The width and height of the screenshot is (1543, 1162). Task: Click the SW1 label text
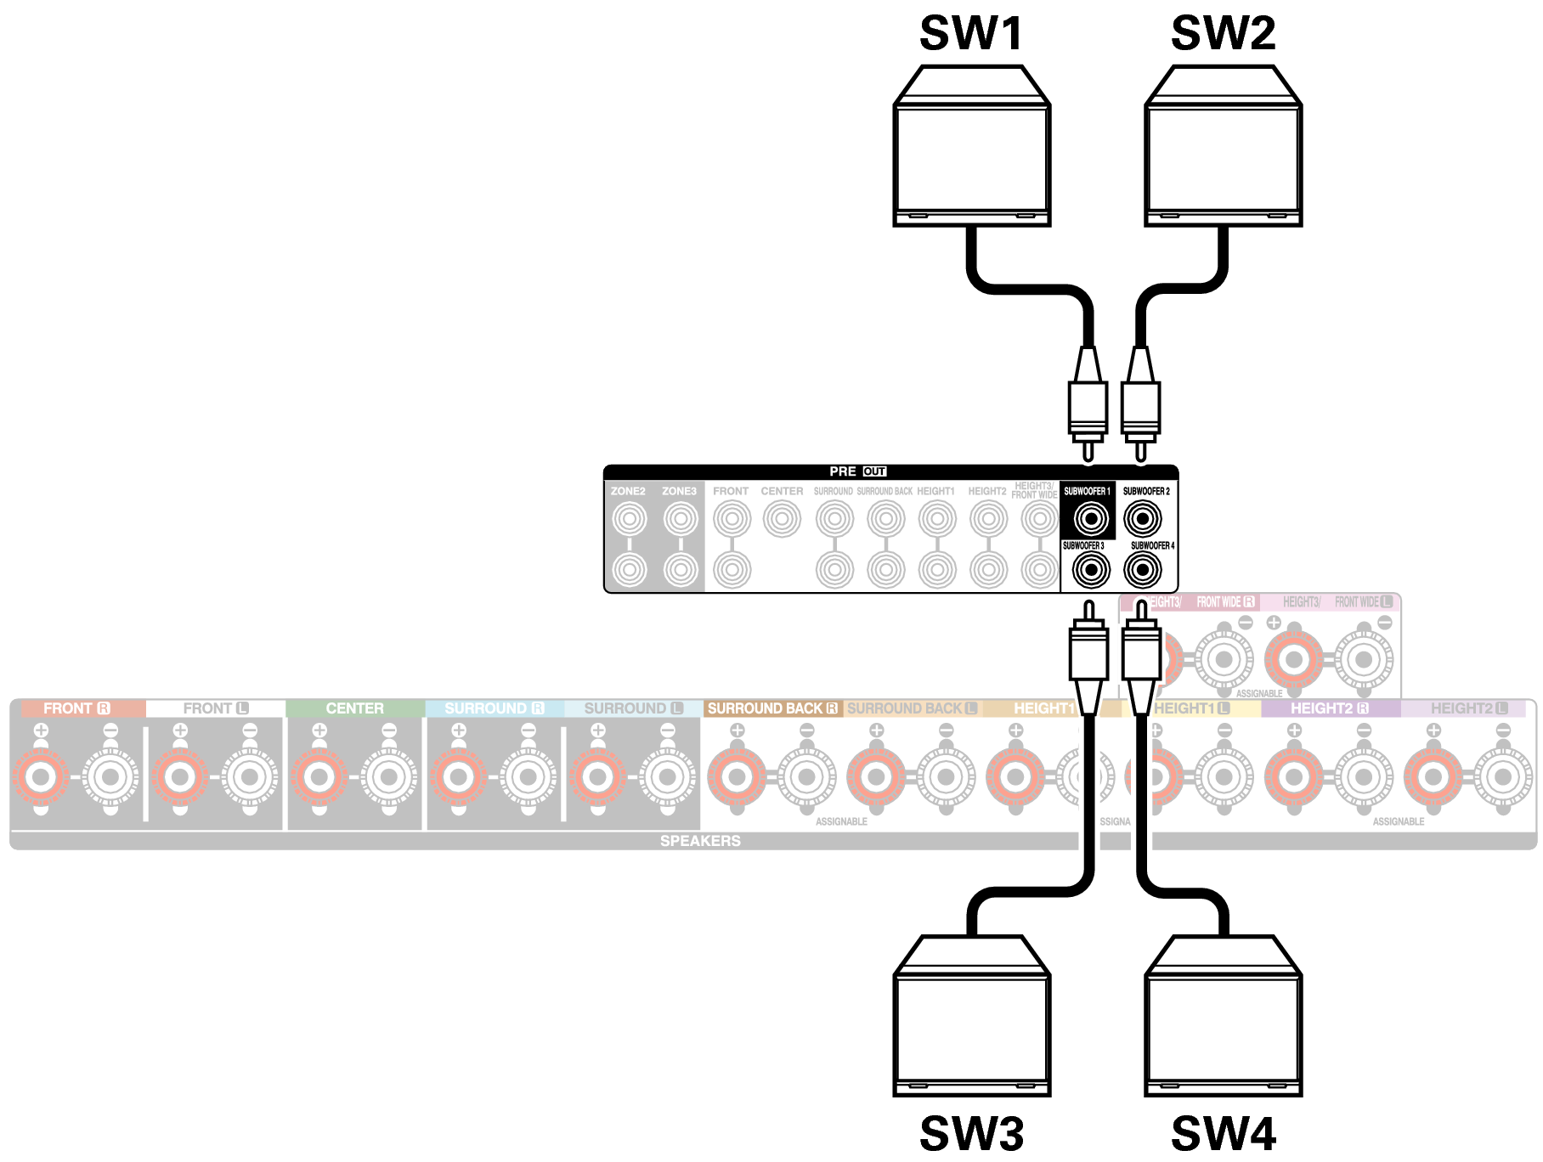[971, 34]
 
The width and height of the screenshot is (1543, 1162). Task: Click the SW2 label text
[1223, 34]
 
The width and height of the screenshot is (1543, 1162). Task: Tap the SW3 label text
[971, 1133]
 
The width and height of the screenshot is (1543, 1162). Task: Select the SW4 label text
[1223, 1133]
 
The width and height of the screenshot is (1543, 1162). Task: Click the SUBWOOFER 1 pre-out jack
[1091, 518]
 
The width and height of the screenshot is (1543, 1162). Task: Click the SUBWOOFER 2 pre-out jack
[1143, 518]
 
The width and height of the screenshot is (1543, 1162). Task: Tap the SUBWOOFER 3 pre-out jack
[1091, 570]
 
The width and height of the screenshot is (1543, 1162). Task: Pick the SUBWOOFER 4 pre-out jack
[1143, 570]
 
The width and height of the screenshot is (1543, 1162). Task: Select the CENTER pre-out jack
[782, 518]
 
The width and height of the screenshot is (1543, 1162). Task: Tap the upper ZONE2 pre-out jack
[630, 518]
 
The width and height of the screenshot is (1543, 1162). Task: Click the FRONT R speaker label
[76, 708]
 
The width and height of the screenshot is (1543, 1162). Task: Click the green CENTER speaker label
[354, 708]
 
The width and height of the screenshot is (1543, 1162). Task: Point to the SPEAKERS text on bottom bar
[700, 841]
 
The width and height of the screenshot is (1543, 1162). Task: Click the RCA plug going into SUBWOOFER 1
[1088, 408]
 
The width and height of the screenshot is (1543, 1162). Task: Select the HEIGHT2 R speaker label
[1329, 708]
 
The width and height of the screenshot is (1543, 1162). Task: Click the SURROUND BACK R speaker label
[771, 708]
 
